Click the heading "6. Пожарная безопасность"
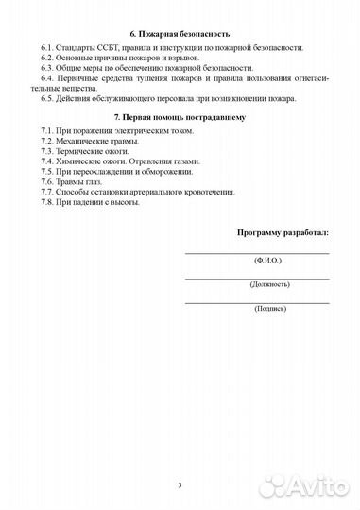[x=179, y=34]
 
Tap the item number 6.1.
[x=50, y=46]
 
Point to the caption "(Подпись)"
[x=257, y=309]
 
